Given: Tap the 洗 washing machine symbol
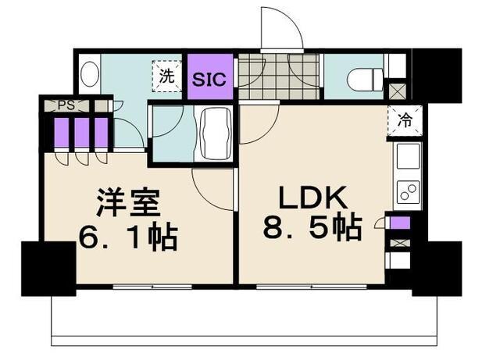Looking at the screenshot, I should click(x=166, y=77).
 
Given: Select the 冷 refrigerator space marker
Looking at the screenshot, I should click(x=405, y=121).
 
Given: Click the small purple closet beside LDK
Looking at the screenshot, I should click(x=399, y=223).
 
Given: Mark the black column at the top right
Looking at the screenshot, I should click(x=435, y=73).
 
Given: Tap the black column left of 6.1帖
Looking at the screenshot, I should click(x=46, y=267).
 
